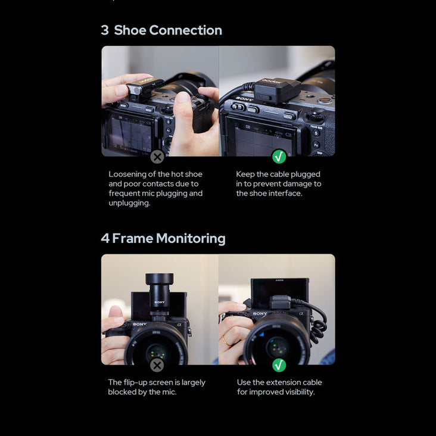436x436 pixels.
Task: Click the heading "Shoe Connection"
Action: [168, 30]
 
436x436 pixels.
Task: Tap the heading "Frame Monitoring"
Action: [169, 239]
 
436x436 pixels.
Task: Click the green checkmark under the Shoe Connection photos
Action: [279, 157]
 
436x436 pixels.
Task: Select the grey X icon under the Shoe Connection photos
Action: [157, 157]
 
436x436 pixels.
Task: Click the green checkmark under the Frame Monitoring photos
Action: [279, 365]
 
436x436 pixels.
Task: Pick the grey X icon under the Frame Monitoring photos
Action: [157, 365]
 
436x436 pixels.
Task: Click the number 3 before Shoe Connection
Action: [105, 30]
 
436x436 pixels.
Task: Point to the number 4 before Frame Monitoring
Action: [105, 239]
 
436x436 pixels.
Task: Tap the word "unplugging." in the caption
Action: [129, 203]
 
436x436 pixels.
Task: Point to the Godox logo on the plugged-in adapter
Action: [272, 82]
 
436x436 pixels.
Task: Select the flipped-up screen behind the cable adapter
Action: [280, 291]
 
